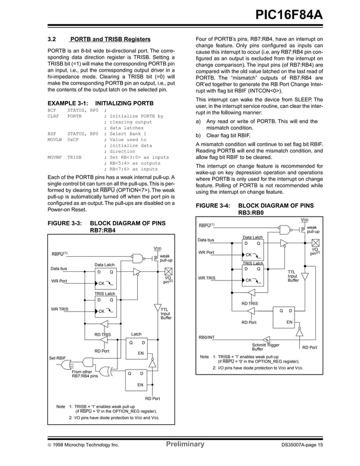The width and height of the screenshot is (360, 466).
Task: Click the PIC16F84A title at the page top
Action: coord(289,14)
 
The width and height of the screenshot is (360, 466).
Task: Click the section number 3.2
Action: coord(52,39)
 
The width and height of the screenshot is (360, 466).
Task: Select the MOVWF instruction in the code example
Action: coord(55,157)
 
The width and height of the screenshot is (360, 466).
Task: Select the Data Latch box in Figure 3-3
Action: coord(104,275)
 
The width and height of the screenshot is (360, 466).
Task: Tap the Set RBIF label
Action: coord(58,358)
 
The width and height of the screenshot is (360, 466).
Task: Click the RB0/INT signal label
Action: coord(206,337)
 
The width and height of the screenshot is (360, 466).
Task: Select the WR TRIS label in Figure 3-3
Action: coord(60,309)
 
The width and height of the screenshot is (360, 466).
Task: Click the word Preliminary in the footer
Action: coord(185,445)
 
